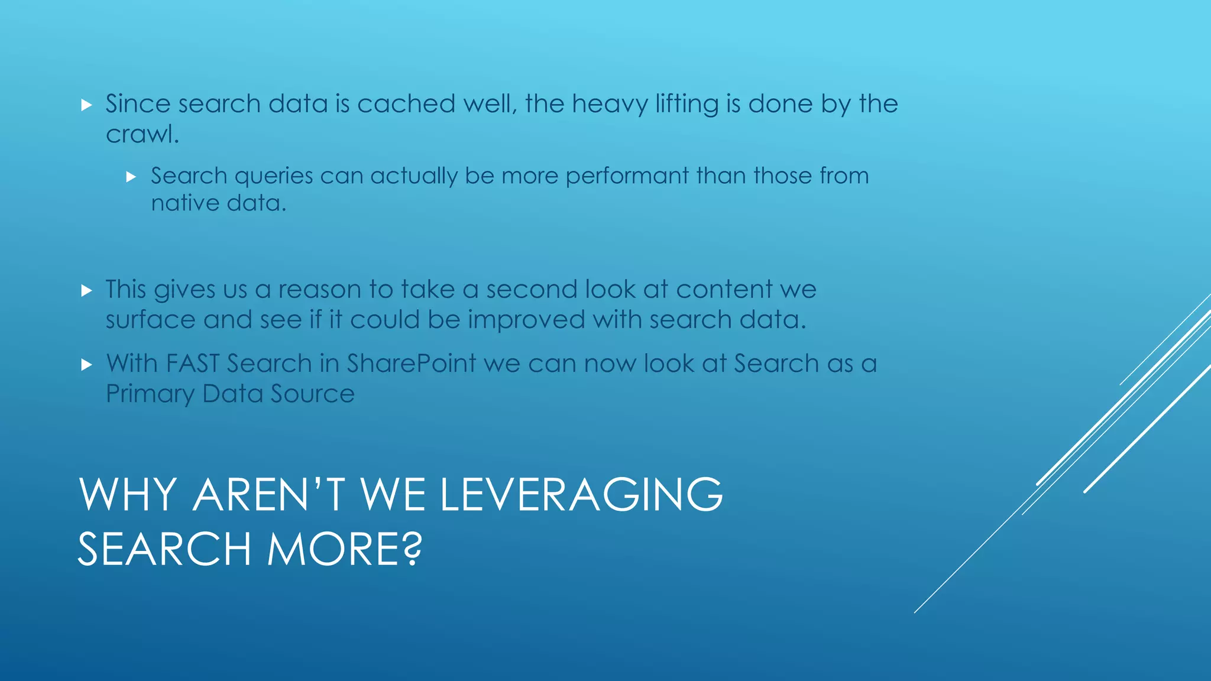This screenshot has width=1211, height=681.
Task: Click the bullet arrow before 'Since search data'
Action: tap(87, 105)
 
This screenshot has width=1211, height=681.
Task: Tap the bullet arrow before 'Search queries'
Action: tap(131, 177)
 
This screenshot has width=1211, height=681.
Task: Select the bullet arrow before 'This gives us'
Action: tap(87, 290)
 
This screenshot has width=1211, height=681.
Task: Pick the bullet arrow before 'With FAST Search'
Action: tap(87, 364)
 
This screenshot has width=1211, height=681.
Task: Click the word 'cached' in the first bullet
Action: tap(406, 104)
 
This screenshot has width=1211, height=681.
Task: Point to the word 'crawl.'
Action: tap(142, 135)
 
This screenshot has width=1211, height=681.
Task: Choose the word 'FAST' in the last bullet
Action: tap(193, 364)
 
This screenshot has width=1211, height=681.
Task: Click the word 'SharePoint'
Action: tap(411, 364)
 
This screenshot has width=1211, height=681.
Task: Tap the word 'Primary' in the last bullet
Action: tap(150, 394)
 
